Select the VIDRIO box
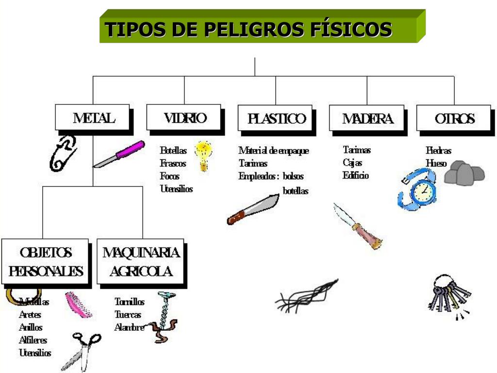(x=184, y=118)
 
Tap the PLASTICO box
(x=275, y=118)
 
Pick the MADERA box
(x=366, y=118)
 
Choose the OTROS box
(x=454, y=118)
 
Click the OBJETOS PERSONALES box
(x=45, y=261)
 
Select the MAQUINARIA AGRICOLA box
(x=141, y=261)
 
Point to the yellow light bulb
(x=203, y=155)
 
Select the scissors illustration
(x=81, y=350)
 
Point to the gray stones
(x=464, y=173)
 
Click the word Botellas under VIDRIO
(x=173, y=151)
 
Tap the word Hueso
(x=436, y=163)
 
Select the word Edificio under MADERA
(x=356, y=175)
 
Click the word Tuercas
(x=128, y=315)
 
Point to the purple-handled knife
(x=119, y=154)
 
